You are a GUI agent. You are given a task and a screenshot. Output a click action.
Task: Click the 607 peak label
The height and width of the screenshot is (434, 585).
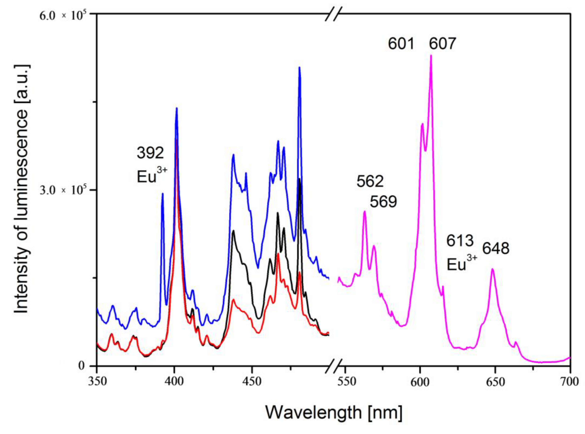pos(442,44)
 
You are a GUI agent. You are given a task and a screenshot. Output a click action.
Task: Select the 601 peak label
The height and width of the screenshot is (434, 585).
pos(401,44)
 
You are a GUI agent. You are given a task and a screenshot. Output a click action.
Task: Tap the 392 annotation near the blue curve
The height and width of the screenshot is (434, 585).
pos(150,153)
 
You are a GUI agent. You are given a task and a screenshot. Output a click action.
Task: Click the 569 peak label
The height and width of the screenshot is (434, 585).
pos(383,202)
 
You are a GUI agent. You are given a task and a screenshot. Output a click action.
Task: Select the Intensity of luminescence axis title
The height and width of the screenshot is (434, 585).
pos(22,189)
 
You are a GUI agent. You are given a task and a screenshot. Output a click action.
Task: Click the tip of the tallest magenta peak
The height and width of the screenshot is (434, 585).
pos(431,56)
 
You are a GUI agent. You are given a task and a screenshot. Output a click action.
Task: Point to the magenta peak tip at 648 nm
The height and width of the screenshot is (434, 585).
pos(492,269)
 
